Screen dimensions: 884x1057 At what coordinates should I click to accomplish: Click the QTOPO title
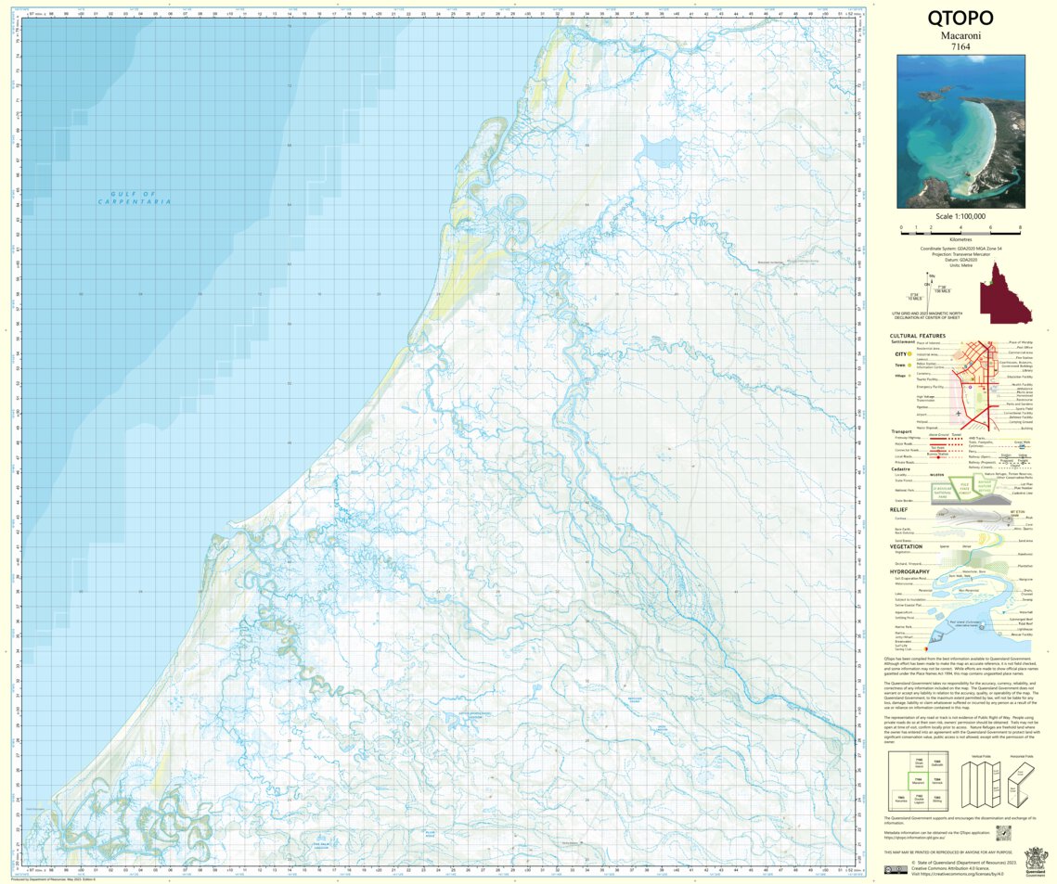coord(960,19)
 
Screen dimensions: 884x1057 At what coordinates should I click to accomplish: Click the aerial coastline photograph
coord(960,131)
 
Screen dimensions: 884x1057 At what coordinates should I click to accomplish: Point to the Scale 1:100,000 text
coord(960,215)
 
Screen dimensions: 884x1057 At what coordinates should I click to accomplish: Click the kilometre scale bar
coord(960,229)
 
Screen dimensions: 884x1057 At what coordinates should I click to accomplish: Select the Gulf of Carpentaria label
coord(135,198)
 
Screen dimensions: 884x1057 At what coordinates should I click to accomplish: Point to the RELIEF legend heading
coord(898,509)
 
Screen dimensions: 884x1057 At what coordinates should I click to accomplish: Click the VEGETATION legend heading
coord(906,546)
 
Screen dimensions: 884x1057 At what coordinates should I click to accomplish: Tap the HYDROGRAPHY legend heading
coord(910,571)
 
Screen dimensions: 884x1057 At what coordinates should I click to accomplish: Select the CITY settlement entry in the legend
coord(899,354)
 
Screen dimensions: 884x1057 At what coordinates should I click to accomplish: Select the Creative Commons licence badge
coord(896,870)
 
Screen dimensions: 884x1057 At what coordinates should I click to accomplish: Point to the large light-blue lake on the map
coord(660,149)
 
